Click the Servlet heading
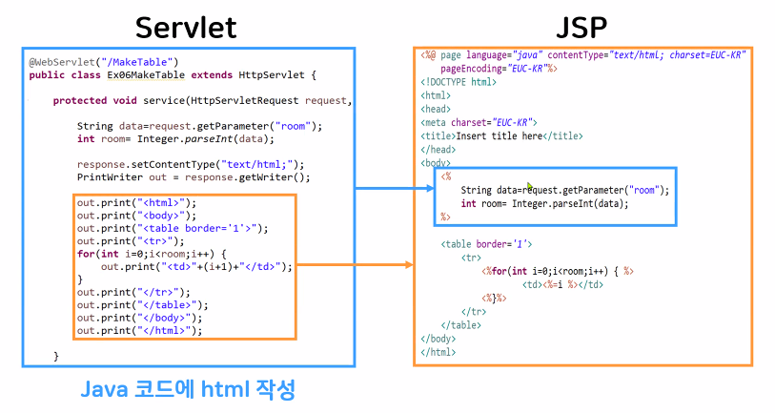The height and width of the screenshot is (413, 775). pos(187,26)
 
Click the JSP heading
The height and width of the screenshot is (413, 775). pos(581,26)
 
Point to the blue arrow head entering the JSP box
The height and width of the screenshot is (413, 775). pos(430,189)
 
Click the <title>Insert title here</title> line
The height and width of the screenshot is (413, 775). pos(501,135)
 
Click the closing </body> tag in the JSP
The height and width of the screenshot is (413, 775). pos(438,339)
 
